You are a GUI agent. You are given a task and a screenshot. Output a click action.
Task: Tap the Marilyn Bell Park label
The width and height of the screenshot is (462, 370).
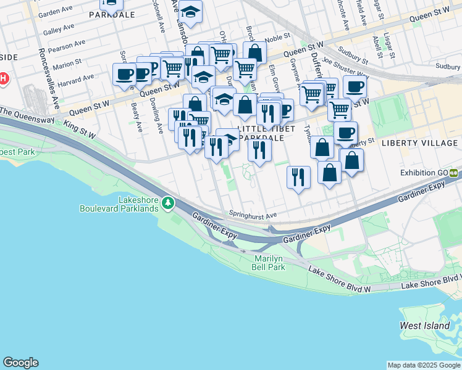point(269,263)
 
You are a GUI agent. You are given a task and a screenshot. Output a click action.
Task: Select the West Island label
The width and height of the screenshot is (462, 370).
point(419,325)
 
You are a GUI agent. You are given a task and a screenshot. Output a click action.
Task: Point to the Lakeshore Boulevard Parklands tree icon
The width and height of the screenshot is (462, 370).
point(168,202)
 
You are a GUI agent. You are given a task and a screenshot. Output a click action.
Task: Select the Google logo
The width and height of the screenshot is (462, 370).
point(20,363)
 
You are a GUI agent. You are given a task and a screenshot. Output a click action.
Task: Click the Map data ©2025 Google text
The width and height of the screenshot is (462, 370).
point(423,365)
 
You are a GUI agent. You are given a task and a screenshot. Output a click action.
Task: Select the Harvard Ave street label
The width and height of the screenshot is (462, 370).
point(78,81)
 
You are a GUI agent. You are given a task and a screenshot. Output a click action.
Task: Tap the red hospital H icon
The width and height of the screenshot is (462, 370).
point(3,78)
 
